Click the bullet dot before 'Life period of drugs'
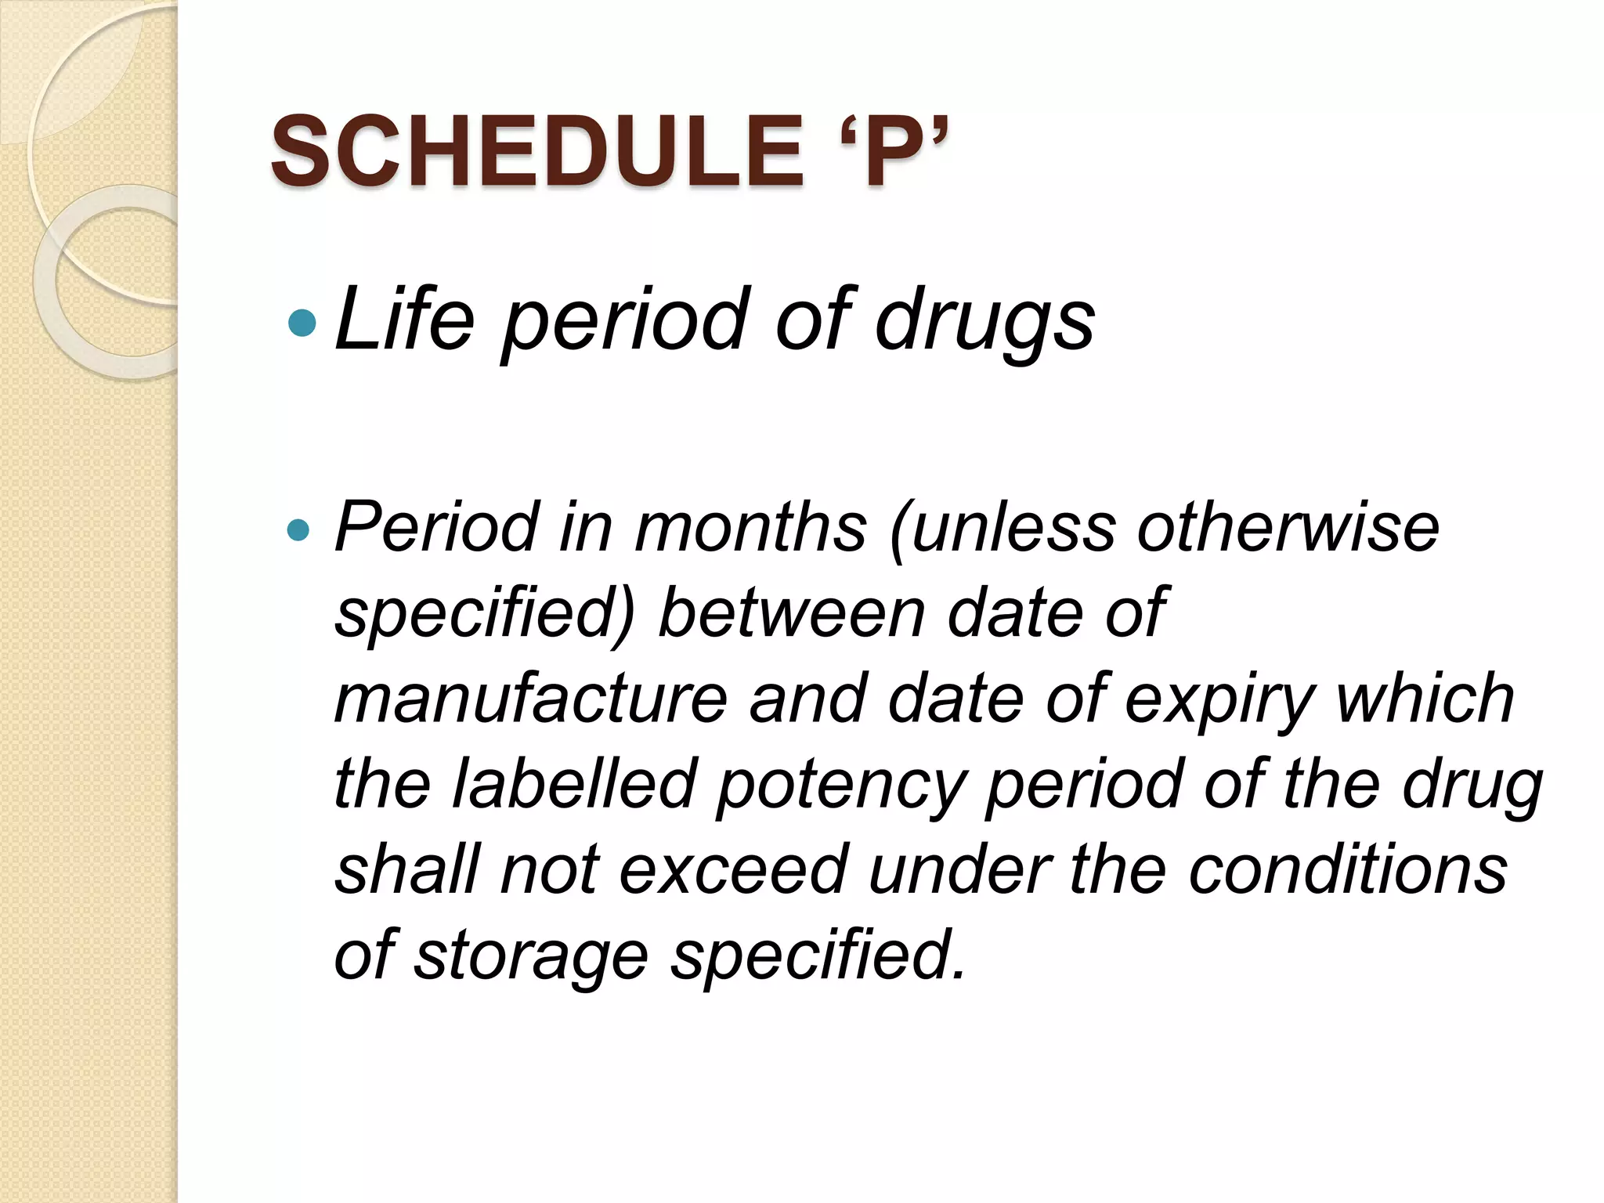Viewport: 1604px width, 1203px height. pos(302,322)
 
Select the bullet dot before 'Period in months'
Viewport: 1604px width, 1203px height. pos(298,531)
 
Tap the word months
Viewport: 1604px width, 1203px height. pos(750,528)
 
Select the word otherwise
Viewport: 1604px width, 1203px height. pos(1288,528)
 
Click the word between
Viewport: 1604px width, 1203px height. pos(792,613)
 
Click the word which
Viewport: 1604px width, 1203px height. pos(1425,699)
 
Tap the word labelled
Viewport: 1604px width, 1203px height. pos(574,785)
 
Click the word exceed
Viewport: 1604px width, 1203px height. pos(735,871)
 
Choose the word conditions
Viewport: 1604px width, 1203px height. pos(1347,871)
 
